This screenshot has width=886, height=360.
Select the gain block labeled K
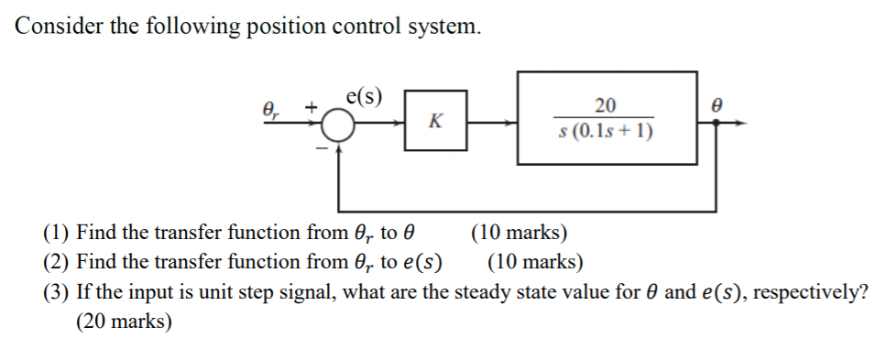click(x=435, y=120)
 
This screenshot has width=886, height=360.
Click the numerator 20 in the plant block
click(x=605, y=104)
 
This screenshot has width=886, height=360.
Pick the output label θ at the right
click(x=718, y=106)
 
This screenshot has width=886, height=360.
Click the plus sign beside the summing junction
click(x=312, y=108)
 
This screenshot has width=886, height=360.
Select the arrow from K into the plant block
click(x=495, y=120)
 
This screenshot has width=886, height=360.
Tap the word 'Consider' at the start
click(x=59, y=26)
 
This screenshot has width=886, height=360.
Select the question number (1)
click(x=57, y=233)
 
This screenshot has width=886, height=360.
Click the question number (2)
click(x=57, y=263)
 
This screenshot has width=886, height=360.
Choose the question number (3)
click(x=57, y=292)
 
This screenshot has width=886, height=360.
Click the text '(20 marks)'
click(x=125, y=322)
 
